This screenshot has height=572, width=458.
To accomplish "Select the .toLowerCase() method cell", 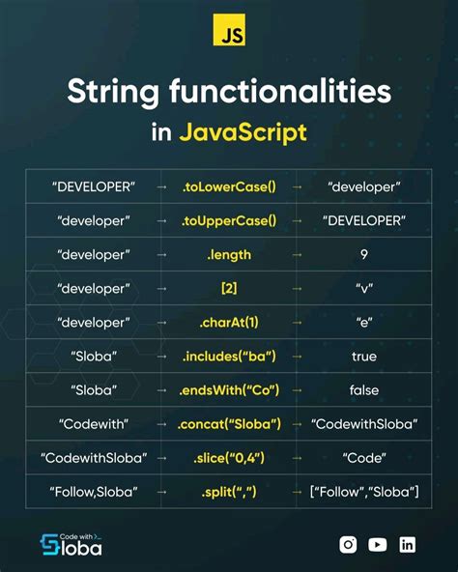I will click(228, 186).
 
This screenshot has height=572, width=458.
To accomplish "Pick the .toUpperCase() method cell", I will click(228, 220).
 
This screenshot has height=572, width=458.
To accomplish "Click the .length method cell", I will click(228, 254).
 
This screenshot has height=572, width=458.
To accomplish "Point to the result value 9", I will click(363, 254).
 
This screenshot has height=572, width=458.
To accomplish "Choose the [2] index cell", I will click(228, 288).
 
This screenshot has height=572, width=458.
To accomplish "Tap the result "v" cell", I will click(363, 288).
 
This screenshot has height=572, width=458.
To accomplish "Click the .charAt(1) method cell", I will click(228, 322).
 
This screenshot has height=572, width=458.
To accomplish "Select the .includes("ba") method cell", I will click(228, 357).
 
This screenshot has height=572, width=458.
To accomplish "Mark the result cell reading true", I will click(363, 357).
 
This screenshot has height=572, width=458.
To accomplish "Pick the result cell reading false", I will click(363, 390).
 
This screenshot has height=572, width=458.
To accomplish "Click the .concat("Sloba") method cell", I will click(228, 424).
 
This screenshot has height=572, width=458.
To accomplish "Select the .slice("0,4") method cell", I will click(228, 458).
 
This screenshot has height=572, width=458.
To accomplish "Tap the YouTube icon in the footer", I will click(378, 544).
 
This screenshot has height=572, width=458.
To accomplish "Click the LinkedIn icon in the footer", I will click(408, 544).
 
